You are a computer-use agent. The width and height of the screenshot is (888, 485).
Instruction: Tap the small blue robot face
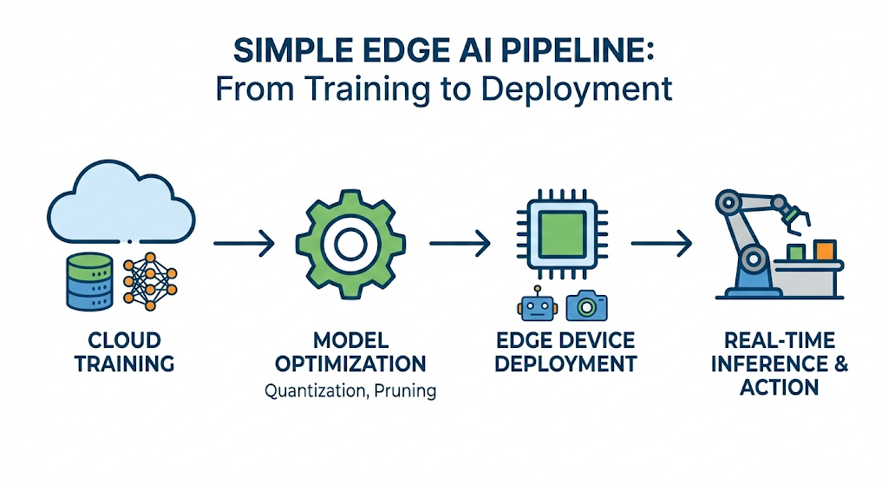535,305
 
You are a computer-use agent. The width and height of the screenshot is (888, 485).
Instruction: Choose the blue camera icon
586,305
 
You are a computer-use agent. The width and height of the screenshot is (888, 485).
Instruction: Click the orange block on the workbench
825,250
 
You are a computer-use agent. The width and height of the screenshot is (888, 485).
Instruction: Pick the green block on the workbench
795,252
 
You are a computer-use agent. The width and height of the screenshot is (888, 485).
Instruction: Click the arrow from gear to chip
460,245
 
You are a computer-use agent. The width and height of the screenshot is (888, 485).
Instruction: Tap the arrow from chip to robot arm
661,245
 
